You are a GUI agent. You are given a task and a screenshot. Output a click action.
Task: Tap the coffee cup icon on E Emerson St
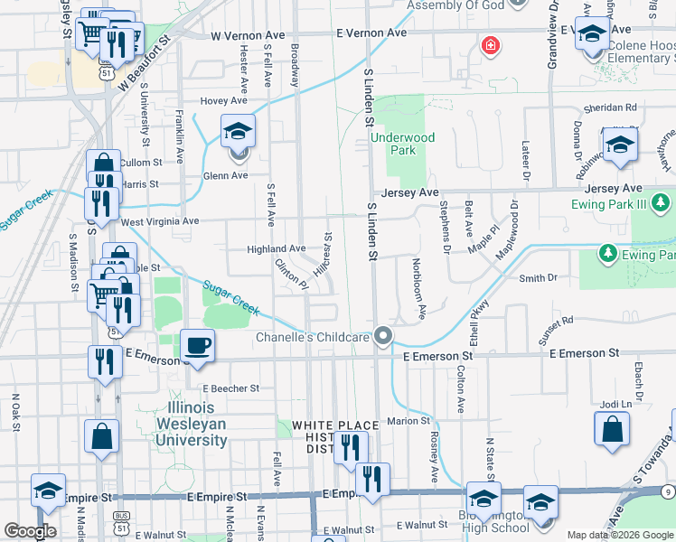tap(197, 344)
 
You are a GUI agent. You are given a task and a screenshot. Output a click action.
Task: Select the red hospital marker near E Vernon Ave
tap(490, 44)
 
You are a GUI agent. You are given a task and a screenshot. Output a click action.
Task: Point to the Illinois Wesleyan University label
tap(192, 424)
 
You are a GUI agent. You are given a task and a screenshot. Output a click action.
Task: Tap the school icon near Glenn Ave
tap(237, 133)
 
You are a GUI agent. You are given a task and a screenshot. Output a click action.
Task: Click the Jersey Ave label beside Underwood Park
tap(409, 192)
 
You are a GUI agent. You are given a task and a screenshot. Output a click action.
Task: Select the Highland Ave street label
tap(277, 248)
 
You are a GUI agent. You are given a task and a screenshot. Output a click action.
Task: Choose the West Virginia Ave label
tap(159, 221)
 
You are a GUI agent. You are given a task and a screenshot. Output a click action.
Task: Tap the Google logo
tap(29, 531)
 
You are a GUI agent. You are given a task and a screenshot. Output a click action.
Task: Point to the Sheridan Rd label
tap(612, 107)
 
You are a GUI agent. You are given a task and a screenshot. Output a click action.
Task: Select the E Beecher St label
tap(230, 388)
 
